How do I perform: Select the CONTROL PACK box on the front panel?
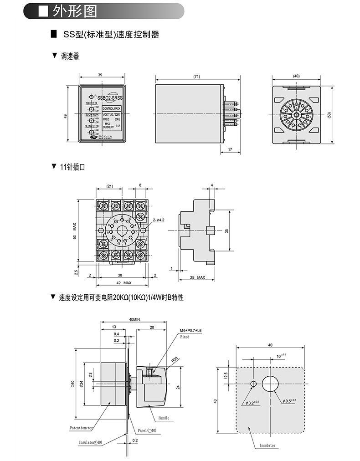pyautogui.click(x=112, y=108)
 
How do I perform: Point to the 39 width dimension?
pyautogui.click(x=100, y=75)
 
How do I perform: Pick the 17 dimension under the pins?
pyautogui.click(x=229, y=149)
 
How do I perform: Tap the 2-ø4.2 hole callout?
pyautogui.click(x=159, y=220)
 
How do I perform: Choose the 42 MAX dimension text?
pyautogui.click(x=121, y=283)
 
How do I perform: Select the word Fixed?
pyautogui.click(x=185, y=337)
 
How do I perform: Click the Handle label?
pyautogui.click(x=164, y=417)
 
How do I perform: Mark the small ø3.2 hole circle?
pyautogui.click(x=253, y=384)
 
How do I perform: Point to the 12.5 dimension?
pyautogui.click(x=226, y=375)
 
